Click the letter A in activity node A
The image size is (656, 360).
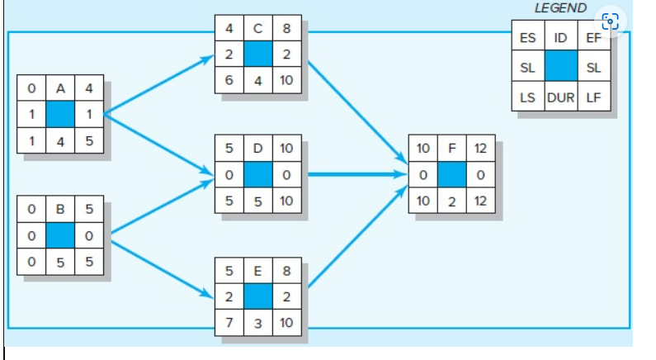point(60,87)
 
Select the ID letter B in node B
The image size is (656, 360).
point(60,210)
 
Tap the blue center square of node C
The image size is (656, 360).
point(257,54)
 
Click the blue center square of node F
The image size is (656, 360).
point(452,174)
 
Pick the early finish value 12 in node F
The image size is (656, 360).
point(480,149)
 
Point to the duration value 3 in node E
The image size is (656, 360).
point(257,320)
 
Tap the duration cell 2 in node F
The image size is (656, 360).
point(452,201)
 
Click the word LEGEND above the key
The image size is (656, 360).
point(560,8)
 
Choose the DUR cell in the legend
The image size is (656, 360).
point(560,97)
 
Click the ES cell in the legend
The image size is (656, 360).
point(528,38)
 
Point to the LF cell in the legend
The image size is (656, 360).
point(593,97)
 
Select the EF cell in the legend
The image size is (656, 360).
point(593,38)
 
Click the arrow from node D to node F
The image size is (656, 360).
point(355,174)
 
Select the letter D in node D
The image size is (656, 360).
point(257,149)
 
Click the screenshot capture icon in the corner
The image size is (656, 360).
point(610,21)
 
